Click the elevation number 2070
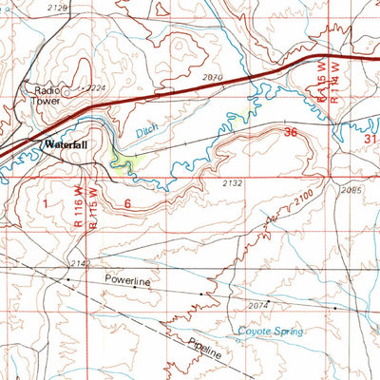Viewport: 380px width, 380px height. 214,77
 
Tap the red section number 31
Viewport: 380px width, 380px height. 371,139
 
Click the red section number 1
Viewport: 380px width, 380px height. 43,202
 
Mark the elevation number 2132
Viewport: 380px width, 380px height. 234,182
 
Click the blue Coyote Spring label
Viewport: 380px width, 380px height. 270,331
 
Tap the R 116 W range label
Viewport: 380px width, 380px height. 75,207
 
